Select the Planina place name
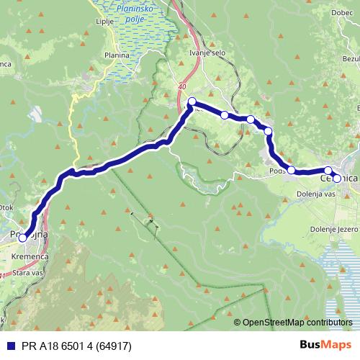click(x=116, y=55)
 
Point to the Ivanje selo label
click(x=194, y=53)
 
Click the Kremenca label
click(x=29, y=256)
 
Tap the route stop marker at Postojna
click(x=22, y=237)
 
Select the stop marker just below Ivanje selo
click(x=192, y=102)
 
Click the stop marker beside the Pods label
click(x=292, y=170)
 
